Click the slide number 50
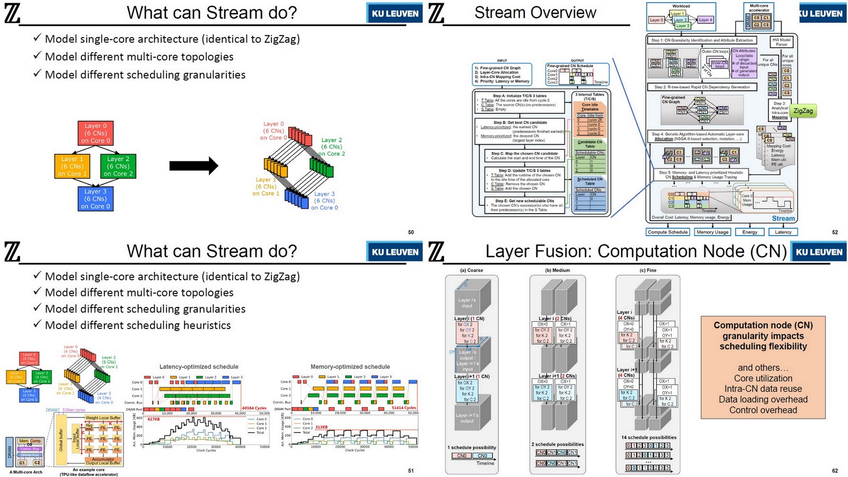tap(411, 232)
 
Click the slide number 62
tap(835, 471)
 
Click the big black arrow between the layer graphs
tap(193, 166)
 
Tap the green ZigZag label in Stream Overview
tap(802, 111)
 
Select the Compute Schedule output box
tap(667, 232)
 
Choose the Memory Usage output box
tap(712, 232)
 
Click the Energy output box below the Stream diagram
tap(749, 232)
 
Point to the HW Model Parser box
tap(781, 42)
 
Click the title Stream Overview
tap(535, 13)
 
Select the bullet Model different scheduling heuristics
tap(138, 325)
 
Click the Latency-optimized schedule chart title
tap(199, 367)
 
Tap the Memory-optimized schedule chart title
tap(350, 367)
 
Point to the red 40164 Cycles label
tap(254, 408)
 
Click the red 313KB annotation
tap(321, 427)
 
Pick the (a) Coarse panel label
tap(471, 270)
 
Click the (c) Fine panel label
tap(648, 270)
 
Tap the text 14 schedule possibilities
tap(648, 437)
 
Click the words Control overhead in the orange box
tap(763, 410)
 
